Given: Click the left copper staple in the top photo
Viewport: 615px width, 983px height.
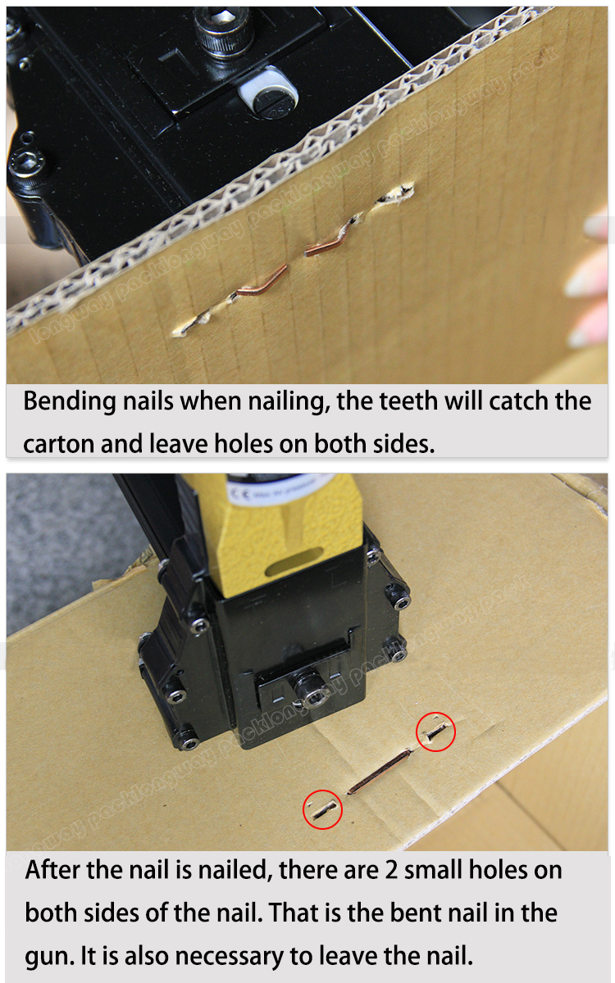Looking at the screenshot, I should (x=260, y=282).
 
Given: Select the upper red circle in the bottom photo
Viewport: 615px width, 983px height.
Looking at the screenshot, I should (x=435, y=732).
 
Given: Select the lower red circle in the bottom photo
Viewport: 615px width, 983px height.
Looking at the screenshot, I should (x=322, y=809).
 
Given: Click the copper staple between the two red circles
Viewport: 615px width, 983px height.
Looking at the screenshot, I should (x=379, y=772).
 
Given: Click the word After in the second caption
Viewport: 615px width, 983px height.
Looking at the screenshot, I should (x=53, y=869).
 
